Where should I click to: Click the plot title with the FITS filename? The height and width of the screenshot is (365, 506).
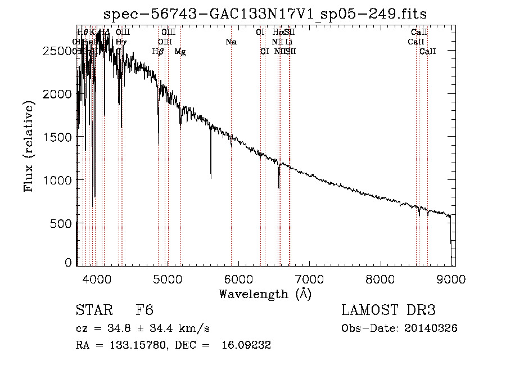(x=265, y=14)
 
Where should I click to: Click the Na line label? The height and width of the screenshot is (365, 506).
(x=231, y=42)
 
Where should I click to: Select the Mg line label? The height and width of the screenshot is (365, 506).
(x=180, y=52)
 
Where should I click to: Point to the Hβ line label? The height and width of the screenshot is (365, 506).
(x=159, y=52)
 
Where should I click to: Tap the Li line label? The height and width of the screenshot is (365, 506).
(x=288, y=42)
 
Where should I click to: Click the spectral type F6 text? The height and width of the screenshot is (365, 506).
(x=144, y=310)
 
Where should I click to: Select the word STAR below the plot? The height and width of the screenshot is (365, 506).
(x=92, y=310)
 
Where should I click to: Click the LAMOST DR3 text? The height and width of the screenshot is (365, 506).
(x=388, y=310)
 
